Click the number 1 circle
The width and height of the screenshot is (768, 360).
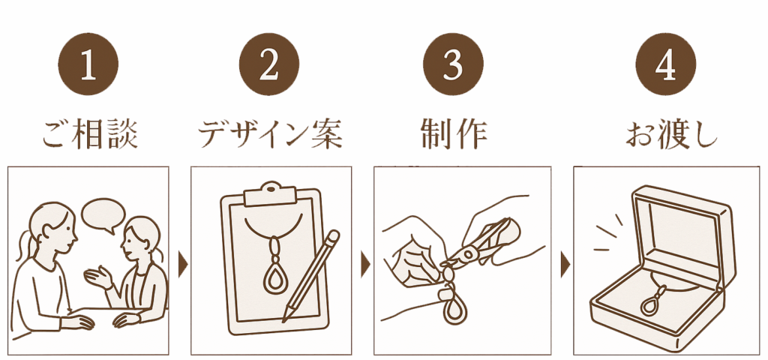click(x=88, y=64)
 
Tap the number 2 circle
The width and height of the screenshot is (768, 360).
click(x=269, y=64)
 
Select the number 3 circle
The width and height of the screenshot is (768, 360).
click(x=453, y=64)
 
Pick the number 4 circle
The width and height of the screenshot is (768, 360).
click(x=666, y=64)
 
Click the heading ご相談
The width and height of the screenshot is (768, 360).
click(x=90, y=133)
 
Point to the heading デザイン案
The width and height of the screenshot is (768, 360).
click(x=270, y=133)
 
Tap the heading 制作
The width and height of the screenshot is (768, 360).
click(x=454, y=133)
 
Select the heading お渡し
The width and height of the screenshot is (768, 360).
click(x=671, y=133)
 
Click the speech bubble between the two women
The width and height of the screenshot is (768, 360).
click(x=103, y=214)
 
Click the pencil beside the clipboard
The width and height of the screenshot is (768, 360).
click(x=311, y=276)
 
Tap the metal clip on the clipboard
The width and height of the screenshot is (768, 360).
click(x=271, y=194)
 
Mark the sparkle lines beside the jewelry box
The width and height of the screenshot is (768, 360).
click(x=608, y=233)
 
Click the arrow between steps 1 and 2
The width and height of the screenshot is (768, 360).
click(x=183, y=264)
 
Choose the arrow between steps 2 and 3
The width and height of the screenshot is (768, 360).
click(x=365, y=264)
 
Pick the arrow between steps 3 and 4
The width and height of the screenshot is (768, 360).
click(x=565, y=264)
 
